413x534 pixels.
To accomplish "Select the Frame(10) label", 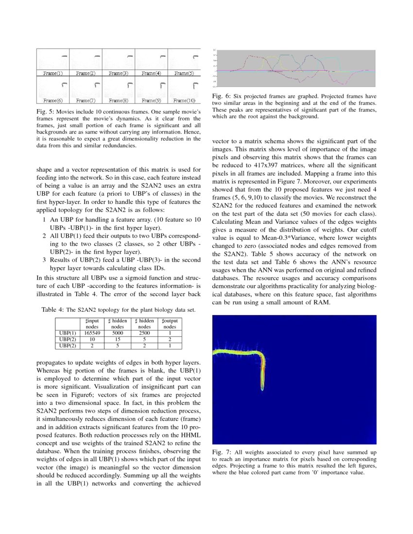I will point(184,101).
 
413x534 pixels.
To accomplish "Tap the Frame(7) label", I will point(86,101).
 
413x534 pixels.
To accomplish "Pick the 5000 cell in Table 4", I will point(117,334).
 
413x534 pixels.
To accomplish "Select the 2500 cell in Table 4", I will point(144,334).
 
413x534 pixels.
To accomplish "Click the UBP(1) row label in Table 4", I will point(67,334).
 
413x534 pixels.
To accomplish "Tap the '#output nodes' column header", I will point(170,324).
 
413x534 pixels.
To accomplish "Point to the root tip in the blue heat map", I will point(262,388).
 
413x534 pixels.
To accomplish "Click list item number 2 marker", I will point(44,236).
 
